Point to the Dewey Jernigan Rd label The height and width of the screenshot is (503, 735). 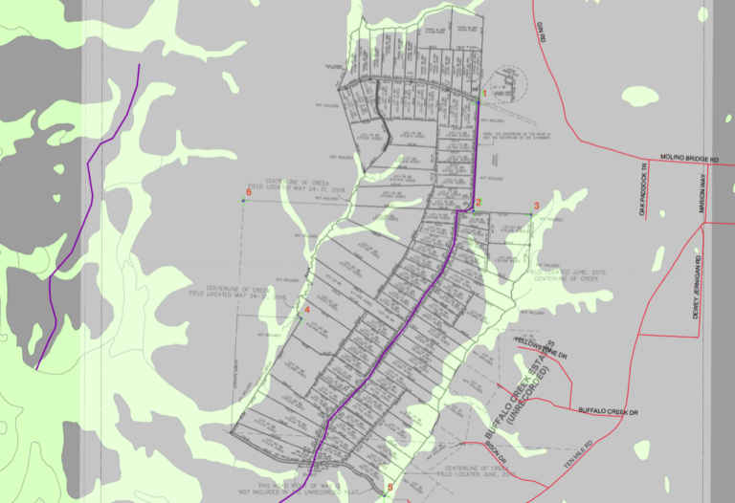(699, 295)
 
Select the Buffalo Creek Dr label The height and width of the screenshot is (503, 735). (608, 411)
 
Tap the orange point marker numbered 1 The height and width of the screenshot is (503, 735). (484, 94)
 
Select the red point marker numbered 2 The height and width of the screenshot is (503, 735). (478, 202)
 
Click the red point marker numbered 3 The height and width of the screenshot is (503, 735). (536, 206)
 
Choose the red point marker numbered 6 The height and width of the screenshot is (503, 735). (248, 193)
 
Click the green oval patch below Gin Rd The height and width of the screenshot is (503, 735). (635, 96)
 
